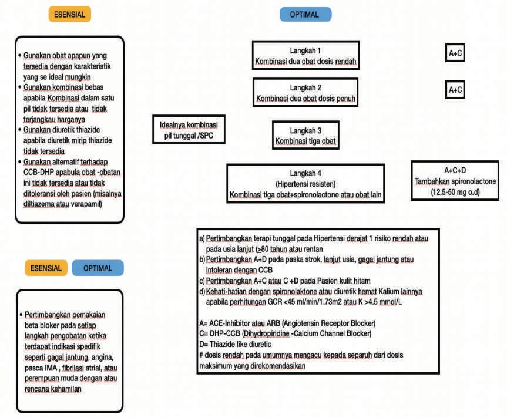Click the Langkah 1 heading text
pyautogui.click(x=305, y=50)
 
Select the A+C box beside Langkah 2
pyautogui.click(x=456, y=90)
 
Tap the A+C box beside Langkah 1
pyautogui.click(x=456, y=54)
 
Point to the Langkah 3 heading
pyautogui.click(x=305, y=131)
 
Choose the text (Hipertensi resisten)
pyautogui.click(x=305, y=183)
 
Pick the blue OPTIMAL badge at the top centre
pyautogui.click(x=305, y=15)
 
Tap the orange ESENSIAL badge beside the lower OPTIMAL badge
pyautogui.click(x=46, y=268)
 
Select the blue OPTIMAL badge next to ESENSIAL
pyautogui.click(x=98, y=268)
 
